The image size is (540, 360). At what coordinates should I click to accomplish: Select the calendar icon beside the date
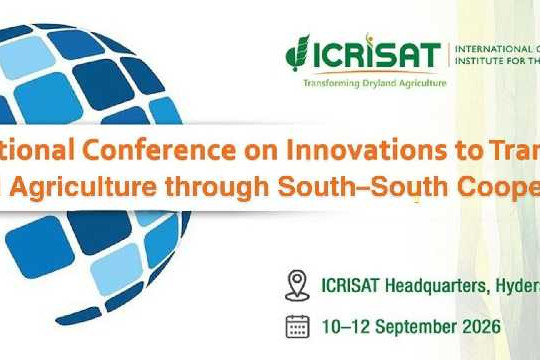[297, 325]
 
